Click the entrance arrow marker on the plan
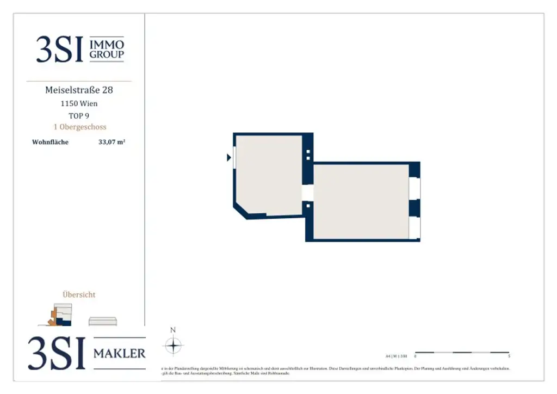[x=229, y=158]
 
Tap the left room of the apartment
[x=268, y=174]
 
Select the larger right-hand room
[x=361, y=201]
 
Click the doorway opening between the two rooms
[x=308, y=193]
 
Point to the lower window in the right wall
[x=414, y=227]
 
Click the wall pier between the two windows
[x=414, y=208]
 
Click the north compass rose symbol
[x=173, y=346]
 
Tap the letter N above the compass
[x=173, y=330]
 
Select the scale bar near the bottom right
[x=462, y=353]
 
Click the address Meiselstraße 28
[x=79, y=90]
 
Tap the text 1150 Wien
[x=79, y=103]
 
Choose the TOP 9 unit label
[x=79, y=115]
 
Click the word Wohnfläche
[x=50, y=143]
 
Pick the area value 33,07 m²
[x=112, y=143]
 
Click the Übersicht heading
[x=79, y=294]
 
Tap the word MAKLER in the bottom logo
[x=120, y=354]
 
